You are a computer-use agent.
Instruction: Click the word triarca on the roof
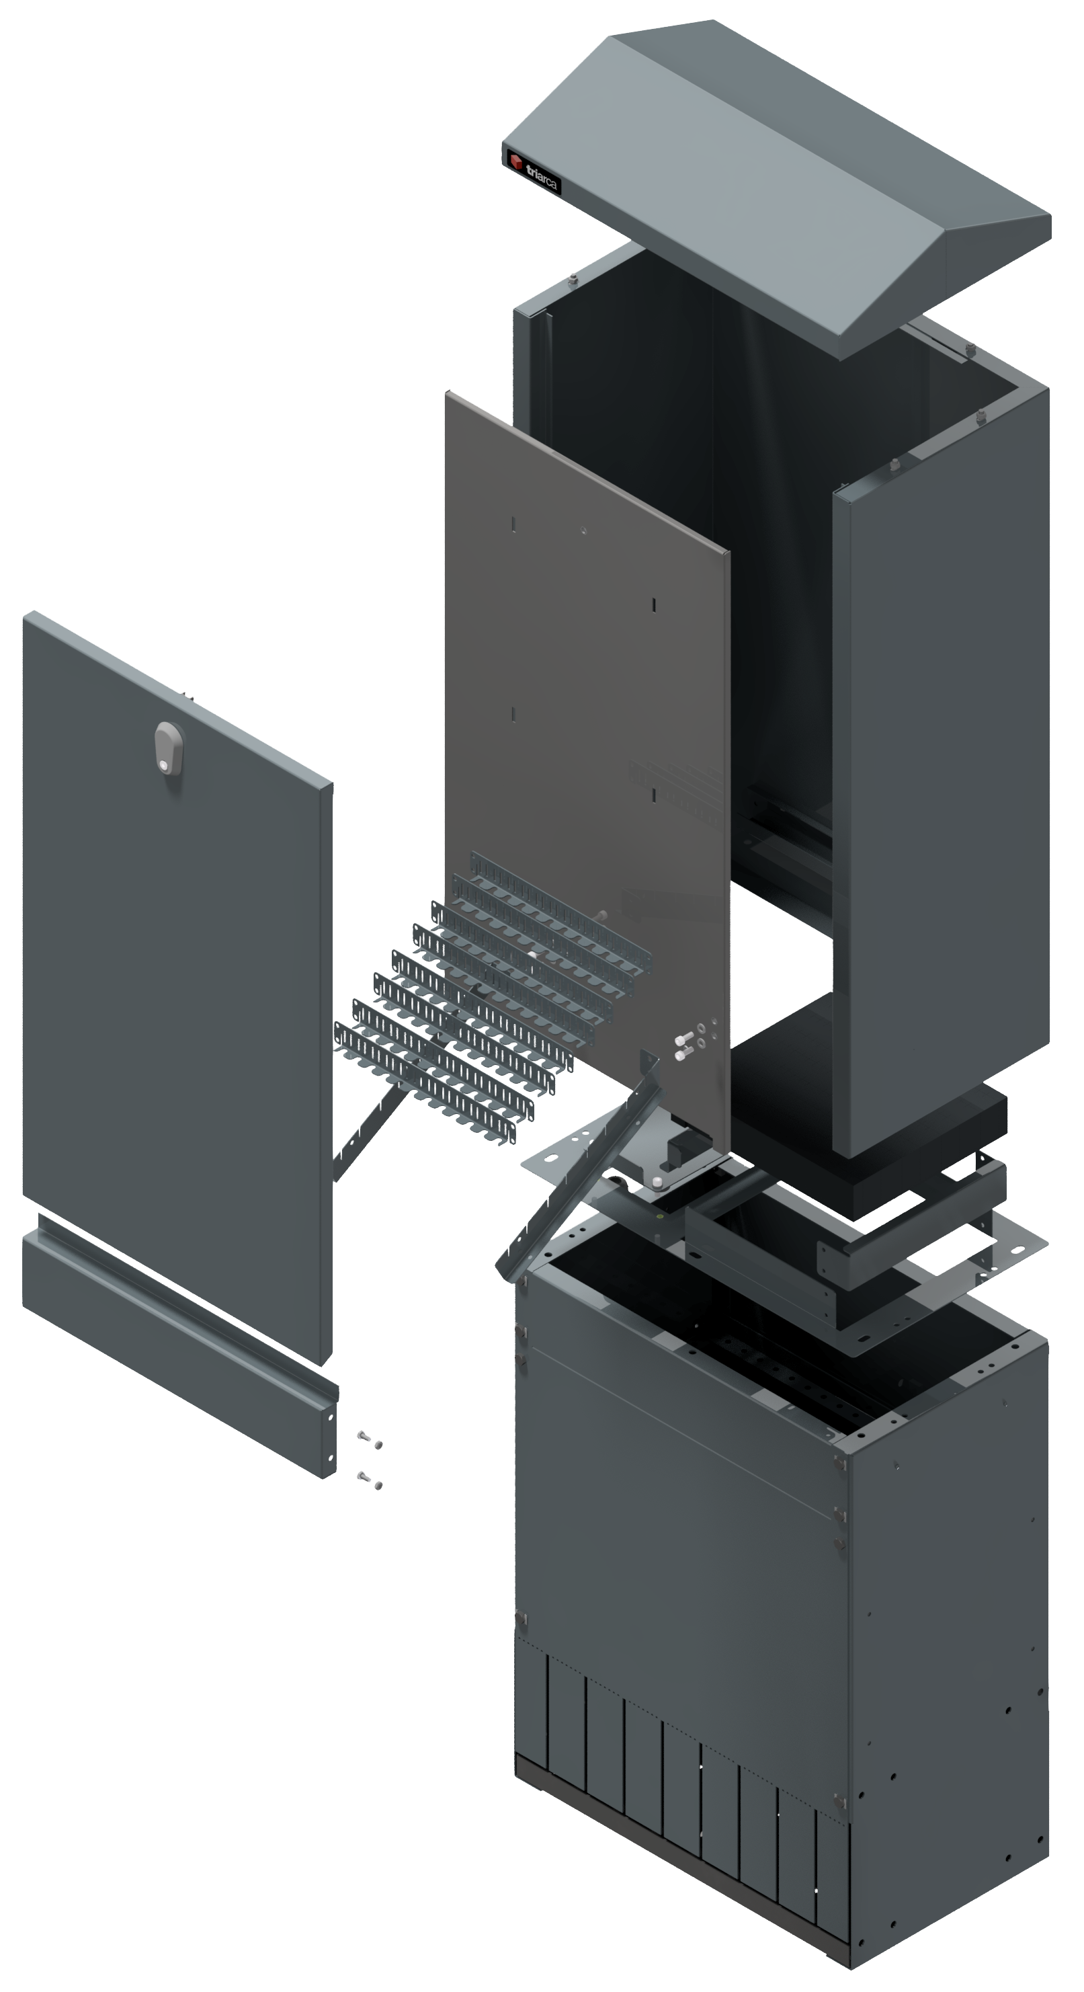point(542,177)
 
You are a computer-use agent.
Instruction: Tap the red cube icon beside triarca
point(515,161)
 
